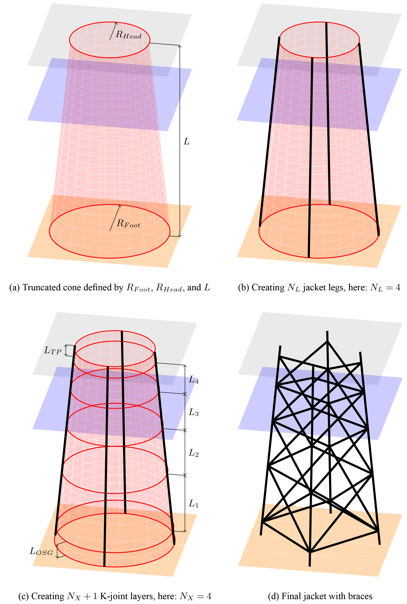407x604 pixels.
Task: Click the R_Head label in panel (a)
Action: (x=129, y=35)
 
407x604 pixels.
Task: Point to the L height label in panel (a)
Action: (x=187, y=141)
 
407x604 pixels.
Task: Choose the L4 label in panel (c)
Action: (x=194, y=380)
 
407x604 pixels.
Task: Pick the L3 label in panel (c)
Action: (x=194, y=412)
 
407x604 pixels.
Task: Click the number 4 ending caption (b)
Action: (x=398, y=287)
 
